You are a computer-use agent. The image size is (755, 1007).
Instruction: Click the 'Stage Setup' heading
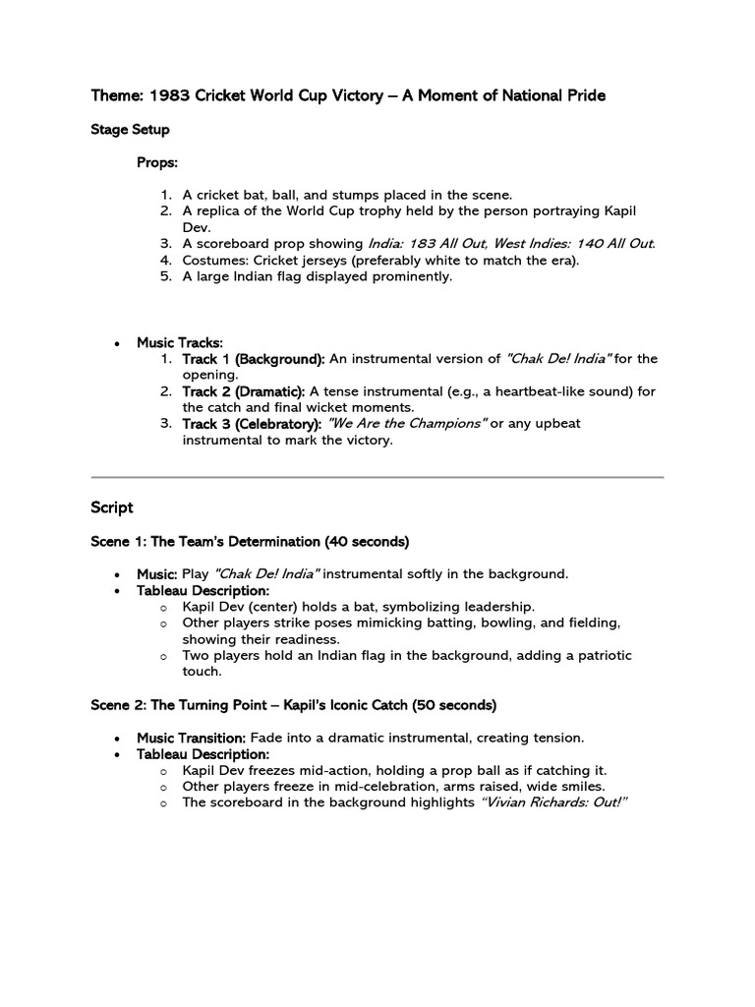coord(130,130)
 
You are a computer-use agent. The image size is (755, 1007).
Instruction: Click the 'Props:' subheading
coord(157,162)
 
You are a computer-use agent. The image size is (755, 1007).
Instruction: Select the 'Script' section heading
coord(111,507)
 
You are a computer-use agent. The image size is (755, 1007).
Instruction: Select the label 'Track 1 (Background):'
coord(254,359)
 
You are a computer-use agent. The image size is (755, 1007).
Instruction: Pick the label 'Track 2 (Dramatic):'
coord(244,391)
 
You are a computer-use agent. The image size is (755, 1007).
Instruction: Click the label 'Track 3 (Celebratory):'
coord(252,424)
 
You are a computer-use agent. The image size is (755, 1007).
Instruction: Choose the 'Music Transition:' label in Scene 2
coord(191,738)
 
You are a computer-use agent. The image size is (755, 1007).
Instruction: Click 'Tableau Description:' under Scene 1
coord(203,590)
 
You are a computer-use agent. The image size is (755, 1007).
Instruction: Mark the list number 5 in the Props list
coord(166,276)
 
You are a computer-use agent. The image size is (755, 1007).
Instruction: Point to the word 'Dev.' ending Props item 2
coord(197,227)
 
